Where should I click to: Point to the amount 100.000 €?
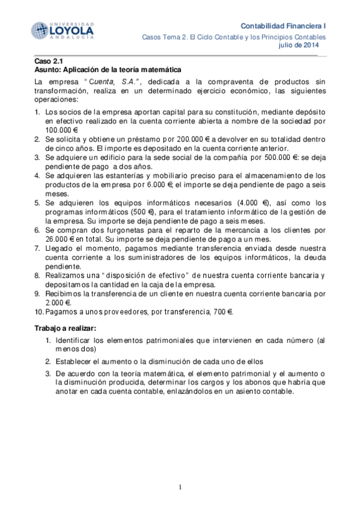pyautogui.click(x=63, y=130)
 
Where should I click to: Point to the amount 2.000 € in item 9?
pyautogui.click(x=58, y=303)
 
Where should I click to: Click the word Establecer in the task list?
pyautogui.click(x=76, y=361)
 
